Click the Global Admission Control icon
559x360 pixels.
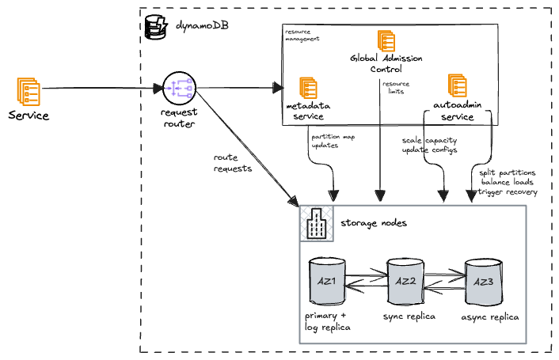tap(386, 41)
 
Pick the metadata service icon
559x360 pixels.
tap(308, 88)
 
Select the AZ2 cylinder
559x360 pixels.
tap(405, 282)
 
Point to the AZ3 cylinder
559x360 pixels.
tap(482, 282)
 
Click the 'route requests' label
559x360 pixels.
tap(233, 163)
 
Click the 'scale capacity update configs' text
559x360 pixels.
tap(429, 145)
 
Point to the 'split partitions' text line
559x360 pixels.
tap(508, 172)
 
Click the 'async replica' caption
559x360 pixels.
tap(489, 317)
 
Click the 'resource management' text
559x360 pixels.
tap(302, 34)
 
